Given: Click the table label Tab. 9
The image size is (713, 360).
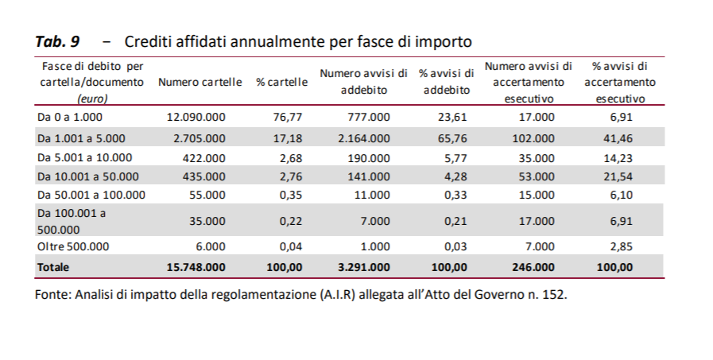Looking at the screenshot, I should tap(58, 41).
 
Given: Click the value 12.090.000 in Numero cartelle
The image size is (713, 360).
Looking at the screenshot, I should tap(196, 117).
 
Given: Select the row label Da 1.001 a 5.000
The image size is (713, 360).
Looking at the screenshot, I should tap(81, 137).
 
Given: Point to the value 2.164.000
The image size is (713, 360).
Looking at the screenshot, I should tap(363, 137).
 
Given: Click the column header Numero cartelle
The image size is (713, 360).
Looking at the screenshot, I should tap(200, 83).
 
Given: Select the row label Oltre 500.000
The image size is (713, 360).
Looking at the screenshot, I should tap(73, 246).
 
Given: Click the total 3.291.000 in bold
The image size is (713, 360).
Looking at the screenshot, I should tap(363, 267).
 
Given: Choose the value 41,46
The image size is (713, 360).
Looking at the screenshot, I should tap(620, 137).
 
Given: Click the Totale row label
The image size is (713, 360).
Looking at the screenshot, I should tap(53, 267).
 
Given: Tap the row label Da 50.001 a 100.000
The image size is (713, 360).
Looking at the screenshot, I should tap(91, 195).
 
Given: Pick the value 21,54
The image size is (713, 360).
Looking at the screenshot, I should tap(620, 176).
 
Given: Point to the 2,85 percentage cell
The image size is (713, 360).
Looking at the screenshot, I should tap(621, 246).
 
